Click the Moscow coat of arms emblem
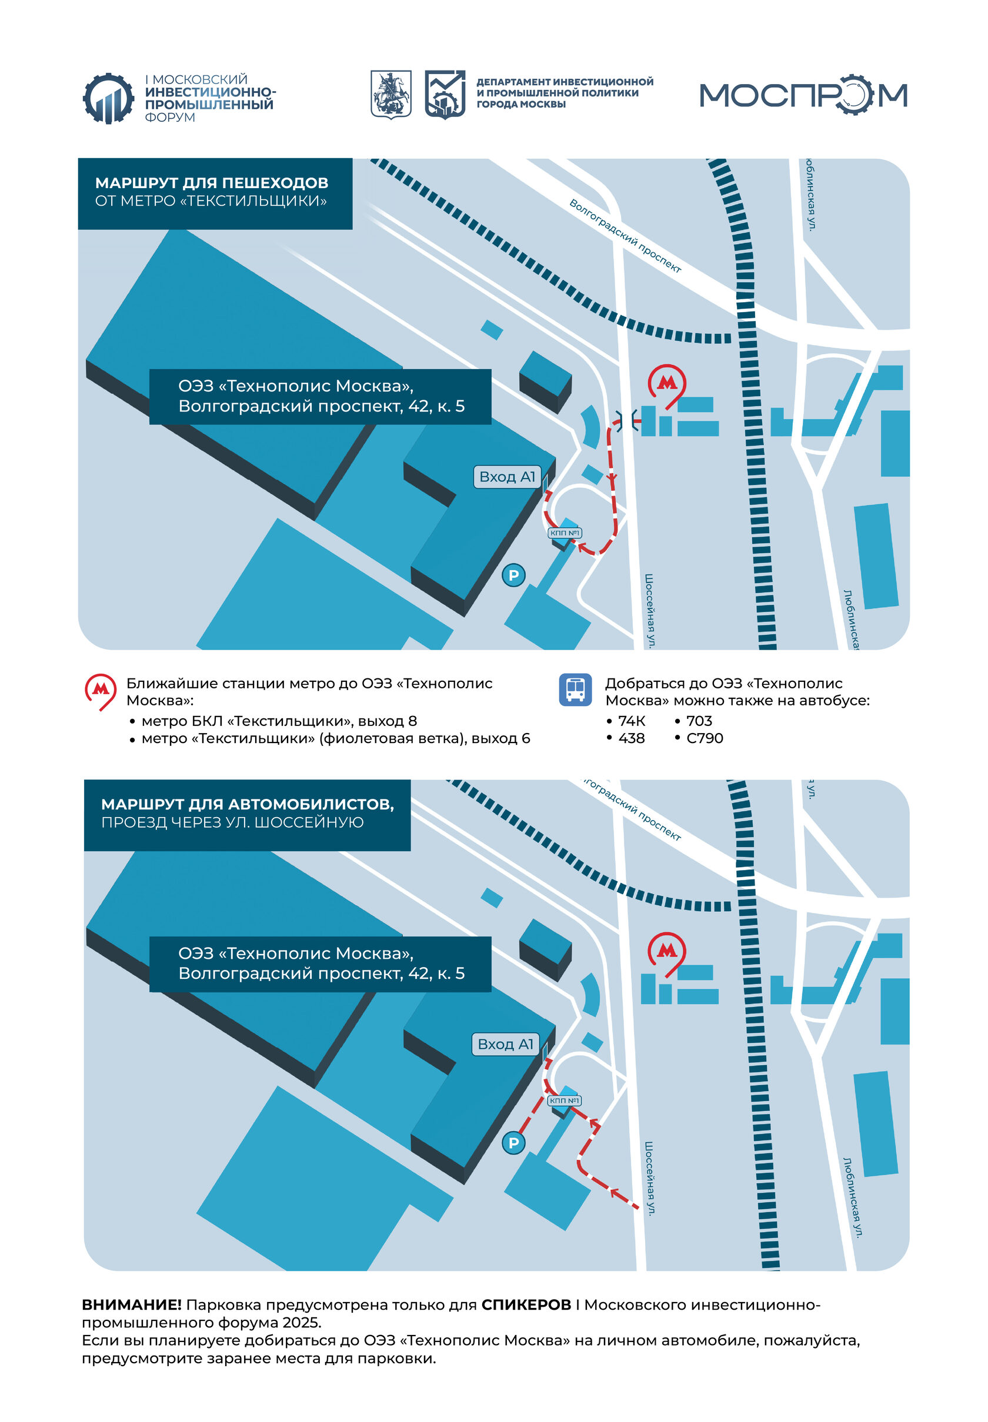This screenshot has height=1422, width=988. tap(390, 94)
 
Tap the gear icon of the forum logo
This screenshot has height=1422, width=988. tap(108, 98)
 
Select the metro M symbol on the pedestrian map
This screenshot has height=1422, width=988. tap(667, 383)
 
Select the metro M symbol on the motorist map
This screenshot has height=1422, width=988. tap(667, 951)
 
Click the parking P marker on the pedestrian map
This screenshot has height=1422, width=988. tap(513, 576)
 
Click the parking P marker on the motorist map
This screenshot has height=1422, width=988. tap(513, 1143)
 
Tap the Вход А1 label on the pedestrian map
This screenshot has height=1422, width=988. tap(507, 477)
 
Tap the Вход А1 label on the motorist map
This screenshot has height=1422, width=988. tap(505, 1045)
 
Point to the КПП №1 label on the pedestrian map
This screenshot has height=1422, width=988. tap(565, 533)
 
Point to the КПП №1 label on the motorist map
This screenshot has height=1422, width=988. tap(564, 1101)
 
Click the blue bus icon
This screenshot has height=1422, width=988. tap(575, 690)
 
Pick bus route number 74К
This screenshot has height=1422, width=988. tap(632, 721)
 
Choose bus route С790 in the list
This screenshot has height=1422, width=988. tap(705, 738)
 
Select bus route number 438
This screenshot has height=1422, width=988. tap(632, 738)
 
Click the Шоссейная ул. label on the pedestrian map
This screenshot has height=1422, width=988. tap(649, 611)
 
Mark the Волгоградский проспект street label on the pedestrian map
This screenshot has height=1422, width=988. tap(625, 236)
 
